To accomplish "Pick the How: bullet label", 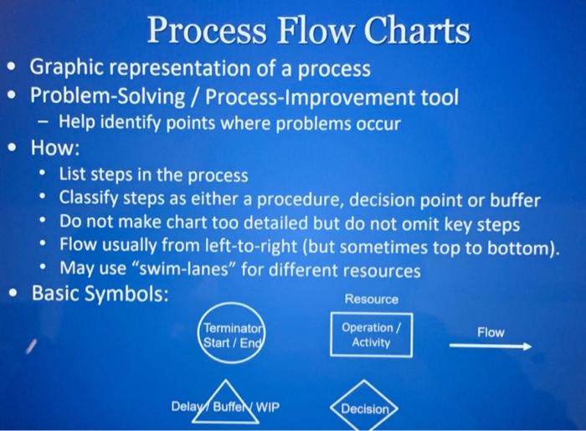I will coord(55,149).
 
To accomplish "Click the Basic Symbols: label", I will coord(100,295).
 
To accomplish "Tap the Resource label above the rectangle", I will coord(372,299).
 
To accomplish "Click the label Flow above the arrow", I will coord(491,332).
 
